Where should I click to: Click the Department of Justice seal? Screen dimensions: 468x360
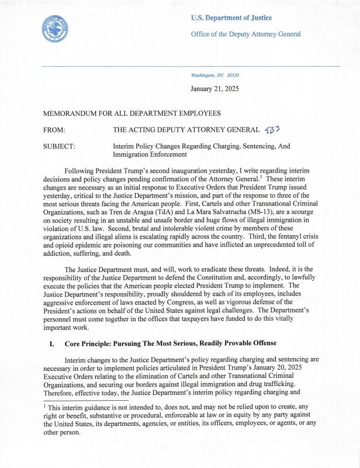coord(56,27)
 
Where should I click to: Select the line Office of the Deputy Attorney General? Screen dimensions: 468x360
coord(245,34)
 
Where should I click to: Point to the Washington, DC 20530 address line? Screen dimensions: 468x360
coord(215,76)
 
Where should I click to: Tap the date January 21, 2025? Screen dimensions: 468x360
coord(219,89)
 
